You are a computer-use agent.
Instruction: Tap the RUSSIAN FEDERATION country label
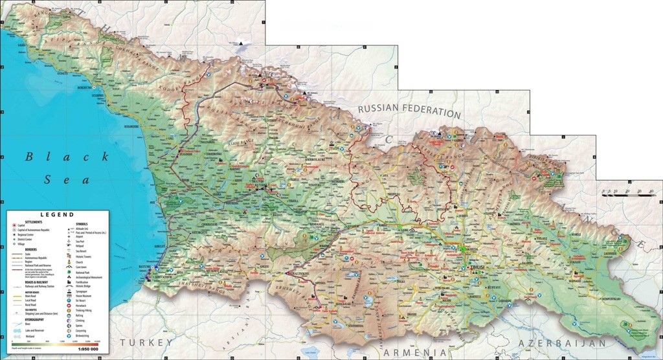(409, 110)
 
